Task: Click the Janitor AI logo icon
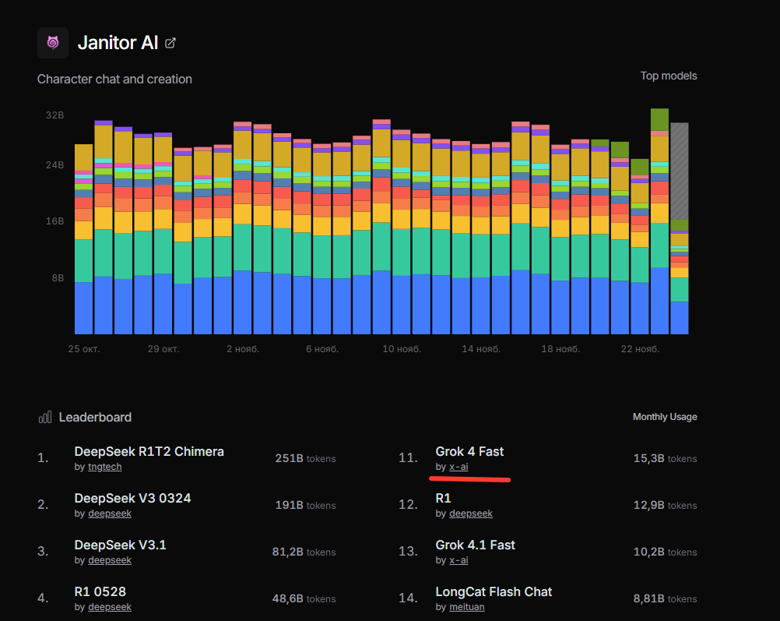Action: click(x=53, y=43)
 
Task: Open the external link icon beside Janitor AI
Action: click(x=170, y=43)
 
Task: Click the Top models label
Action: click(x=669, y=76)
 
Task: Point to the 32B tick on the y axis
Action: click(x=54, y=115)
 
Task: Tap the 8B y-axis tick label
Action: click(x=57, y=278)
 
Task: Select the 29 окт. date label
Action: click(x=163, y=349)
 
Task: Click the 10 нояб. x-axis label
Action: click(x=402, y=349)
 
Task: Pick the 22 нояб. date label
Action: click(x=640, y=349)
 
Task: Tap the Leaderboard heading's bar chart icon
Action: click(x=45, y=417)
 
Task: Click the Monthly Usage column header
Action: click(x=665, y=417)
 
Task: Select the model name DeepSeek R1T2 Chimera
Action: click(x=149, y=451)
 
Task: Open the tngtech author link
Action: click(x=104, y=467)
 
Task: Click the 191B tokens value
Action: click(x=305, y=506)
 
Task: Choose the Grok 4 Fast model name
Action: click(x=469, y=451)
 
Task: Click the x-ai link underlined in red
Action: click(x=459, y=467)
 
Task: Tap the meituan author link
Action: click(x=466, y=607)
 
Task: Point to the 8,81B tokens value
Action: click(x=665, y=599)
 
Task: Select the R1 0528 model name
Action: click(x=100, y=591)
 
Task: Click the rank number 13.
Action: click(x=408, y=552)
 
